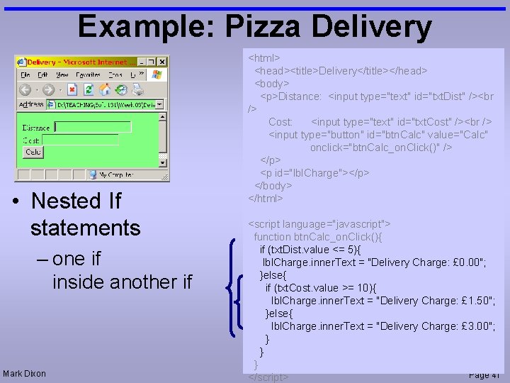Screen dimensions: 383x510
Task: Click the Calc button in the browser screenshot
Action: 33,152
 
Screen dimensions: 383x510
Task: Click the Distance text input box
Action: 93,127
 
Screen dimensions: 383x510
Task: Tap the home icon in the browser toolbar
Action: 105,89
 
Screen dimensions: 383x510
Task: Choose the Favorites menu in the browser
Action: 88,74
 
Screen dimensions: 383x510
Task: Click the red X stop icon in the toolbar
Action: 72,89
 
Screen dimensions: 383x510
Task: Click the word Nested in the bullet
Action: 67,201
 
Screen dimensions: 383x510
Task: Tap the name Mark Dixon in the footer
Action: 24,374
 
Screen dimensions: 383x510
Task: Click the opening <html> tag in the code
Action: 264,57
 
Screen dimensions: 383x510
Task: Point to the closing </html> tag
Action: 266,199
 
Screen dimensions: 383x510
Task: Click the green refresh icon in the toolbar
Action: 88,89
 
